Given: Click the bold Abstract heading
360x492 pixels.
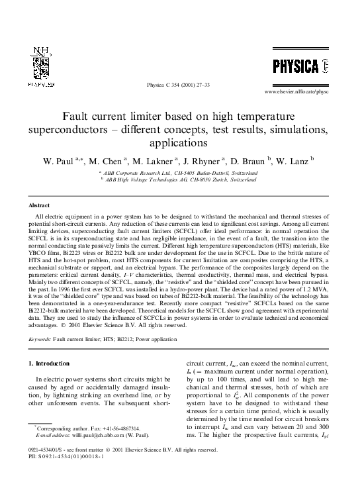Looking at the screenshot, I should coord(40,206).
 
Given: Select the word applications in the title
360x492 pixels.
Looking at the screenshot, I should coord(179,142).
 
